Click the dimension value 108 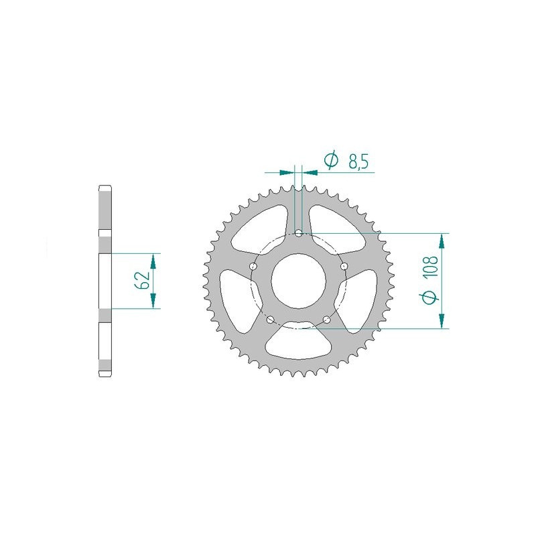[431, 269]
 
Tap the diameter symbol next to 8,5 [330, 160]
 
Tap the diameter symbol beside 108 [431, 297]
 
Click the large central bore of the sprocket [299, 281]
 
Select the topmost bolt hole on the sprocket [299, 234]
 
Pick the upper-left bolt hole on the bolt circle [253, 267]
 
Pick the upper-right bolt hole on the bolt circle [344, 267]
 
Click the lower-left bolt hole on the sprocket [271, 320]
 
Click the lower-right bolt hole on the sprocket [326, 320]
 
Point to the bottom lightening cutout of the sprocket [299, 341]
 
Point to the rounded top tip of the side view [105, 186]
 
